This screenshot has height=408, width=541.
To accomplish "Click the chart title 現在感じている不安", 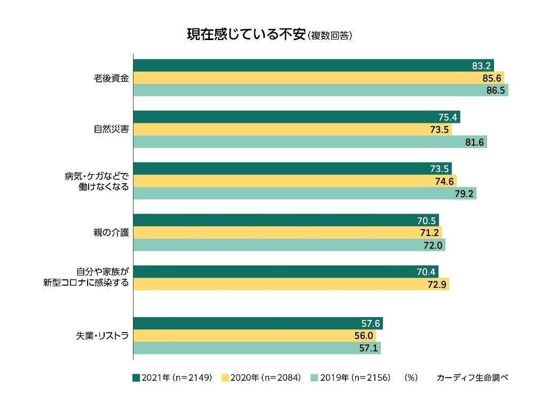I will pos(246,35).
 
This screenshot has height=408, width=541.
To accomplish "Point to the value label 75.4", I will pos(447,117).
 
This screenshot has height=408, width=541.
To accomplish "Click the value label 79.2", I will pos(464,194).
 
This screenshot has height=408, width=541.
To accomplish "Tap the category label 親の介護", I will pos(111,233).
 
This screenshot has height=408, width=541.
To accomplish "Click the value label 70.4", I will pos(426,272).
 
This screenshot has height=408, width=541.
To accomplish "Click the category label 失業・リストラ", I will pos(103,336).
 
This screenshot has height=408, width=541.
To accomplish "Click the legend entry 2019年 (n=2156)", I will pos(350,378).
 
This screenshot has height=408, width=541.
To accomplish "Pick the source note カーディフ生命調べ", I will pos(472,378).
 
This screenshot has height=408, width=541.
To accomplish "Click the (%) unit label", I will pos(411,378).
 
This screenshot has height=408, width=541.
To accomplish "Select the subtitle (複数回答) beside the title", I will pos(330,36).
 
